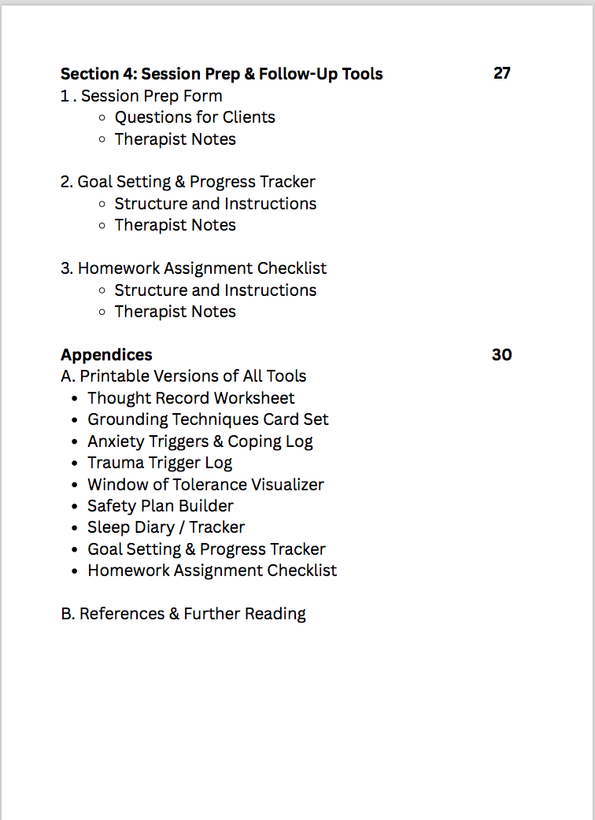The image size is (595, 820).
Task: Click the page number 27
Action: click(502, 74)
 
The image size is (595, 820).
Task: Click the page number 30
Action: click(502, 355)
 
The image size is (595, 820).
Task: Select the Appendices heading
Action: click(106, 355)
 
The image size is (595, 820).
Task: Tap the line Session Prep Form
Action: click(142, 96)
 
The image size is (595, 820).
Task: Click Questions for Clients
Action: click(194, 117)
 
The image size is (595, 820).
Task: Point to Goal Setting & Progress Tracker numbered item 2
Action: click(188, 182)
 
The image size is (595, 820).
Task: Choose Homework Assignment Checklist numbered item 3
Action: click(194, 268)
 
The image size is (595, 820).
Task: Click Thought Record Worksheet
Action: click(191, 398)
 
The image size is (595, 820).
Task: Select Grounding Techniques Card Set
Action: click(208, 419)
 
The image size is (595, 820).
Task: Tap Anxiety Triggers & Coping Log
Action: click(200, 441)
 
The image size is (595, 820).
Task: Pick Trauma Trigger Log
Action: click(160, 463)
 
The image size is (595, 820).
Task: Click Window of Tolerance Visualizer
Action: click(205, 485)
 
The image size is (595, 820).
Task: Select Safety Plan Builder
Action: click(161, 506)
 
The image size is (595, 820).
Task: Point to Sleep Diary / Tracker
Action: click(166, 527)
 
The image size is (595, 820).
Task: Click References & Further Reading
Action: click(183, 614)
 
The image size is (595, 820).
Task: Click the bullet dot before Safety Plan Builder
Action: click(75, 507)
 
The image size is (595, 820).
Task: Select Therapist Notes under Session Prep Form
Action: click(175, 139)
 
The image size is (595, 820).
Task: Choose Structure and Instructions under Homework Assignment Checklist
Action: click(216, 290)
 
